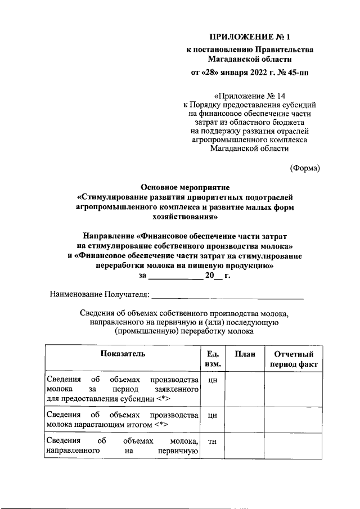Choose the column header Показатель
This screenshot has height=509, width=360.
[123, 354]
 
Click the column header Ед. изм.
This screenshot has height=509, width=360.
[213, 359]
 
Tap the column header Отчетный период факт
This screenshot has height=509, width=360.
[292, 359]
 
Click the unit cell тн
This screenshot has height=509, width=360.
[213, 442]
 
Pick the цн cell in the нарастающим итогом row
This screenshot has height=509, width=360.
[213, 416]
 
